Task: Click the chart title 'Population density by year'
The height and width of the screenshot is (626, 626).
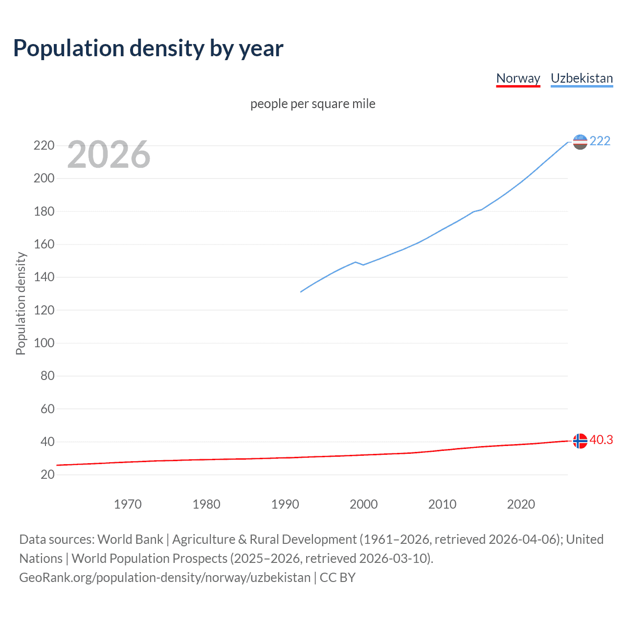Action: [148, 48]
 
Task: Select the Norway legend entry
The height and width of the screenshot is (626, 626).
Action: [518, 78]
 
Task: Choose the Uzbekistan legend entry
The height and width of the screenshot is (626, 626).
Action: [581, 78]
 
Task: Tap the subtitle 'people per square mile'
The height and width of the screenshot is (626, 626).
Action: [313, 104]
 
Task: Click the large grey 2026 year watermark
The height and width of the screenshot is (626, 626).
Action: [109, 155]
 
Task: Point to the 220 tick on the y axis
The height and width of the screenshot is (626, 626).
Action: [44, 145]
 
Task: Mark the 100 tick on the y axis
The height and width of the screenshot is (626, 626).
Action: [44, 343]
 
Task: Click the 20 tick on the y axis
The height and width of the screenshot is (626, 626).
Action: [47, 474]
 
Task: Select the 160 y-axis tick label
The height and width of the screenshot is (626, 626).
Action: [44, 244]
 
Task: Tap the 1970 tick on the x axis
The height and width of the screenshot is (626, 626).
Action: [128, 504]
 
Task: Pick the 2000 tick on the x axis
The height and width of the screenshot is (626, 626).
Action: [363, 504]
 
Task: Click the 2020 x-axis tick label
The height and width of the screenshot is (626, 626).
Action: [521, 504]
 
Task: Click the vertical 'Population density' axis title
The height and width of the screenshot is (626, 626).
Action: [21, 303]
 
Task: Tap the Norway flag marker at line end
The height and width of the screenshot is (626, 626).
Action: [580, 441]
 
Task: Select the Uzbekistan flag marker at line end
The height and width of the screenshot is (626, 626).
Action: [580, 142]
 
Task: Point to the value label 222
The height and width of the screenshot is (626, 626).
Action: [600, 141]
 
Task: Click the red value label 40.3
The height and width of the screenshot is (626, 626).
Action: [601, 440]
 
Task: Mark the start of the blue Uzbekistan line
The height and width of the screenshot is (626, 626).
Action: [301, 292]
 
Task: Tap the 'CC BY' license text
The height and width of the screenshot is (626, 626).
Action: [337, 578]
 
